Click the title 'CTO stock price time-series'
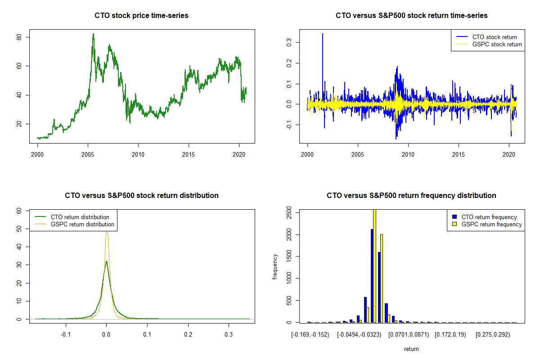(x=141, y=16)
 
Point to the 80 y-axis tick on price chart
(x=19, y=37)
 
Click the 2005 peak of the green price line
(x=93, y=34)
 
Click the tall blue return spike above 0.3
(x=323, y=35)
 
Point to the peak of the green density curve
(x=106, y=261)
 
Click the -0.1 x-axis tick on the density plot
(x=66, y=335)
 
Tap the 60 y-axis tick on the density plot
(x=19, y=211)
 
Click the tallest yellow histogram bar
(x=374, y=265)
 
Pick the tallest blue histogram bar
(x=372, y=275)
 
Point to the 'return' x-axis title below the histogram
(x=411, y=349)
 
